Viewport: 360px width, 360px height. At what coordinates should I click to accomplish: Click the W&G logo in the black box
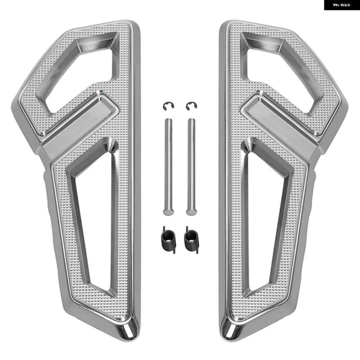coord(342,5)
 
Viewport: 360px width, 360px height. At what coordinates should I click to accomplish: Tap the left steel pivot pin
coord(168,167)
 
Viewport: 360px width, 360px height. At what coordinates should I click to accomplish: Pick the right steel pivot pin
coord(191,167)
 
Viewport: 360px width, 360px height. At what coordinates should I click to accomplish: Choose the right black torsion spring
coord(191,240)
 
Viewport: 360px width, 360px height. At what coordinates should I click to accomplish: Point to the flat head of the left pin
coord(168,212)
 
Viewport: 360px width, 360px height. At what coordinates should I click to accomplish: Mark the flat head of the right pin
coord(191,212)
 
